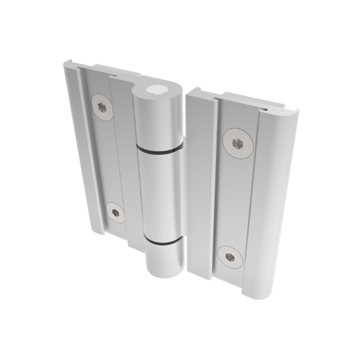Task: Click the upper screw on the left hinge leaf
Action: click(102, 108)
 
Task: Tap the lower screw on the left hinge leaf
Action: click(116, 212)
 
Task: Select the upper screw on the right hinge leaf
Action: click(238, 143)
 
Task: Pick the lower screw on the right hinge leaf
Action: click(230, 257)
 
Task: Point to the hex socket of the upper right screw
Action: click(237, 143)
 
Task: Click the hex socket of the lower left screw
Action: click(115, 212)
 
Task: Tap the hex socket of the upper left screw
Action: click(102, 108)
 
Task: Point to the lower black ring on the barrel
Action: click(163, 242)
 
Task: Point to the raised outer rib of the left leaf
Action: click(83, 148)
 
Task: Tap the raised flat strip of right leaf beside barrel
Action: click(200, 183)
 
